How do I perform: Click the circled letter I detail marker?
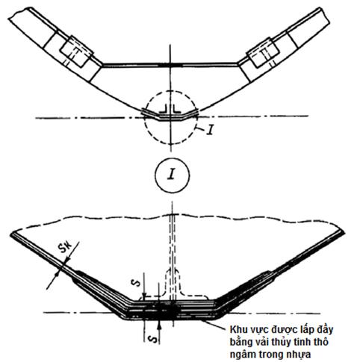click(172, 175)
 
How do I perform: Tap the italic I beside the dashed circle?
click(211, 130)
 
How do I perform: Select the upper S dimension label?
click(136, 283)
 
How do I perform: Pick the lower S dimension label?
click(153, 340)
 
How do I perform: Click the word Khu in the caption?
click(238, 329)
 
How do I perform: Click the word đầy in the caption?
click(324, 329)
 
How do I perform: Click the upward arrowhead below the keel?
click(159, 325)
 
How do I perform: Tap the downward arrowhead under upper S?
click(144, 294)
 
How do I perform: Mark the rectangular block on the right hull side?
click(263, 52)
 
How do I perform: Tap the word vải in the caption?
click(259, 342)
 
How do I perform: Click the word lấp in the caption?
click(306, 330)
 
